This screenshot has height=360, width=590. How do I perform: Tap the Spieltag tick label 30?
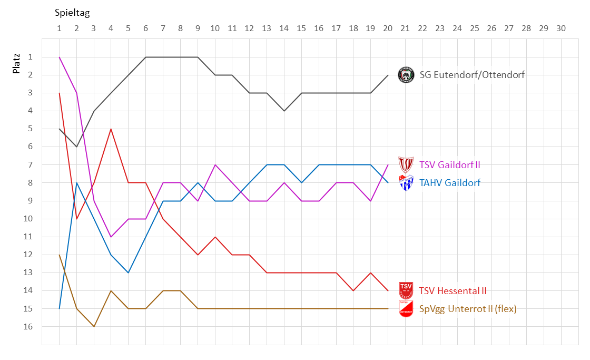[x=560, y=28]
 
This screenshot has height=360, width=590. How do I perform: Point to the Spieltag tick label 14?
[x=284, y=28]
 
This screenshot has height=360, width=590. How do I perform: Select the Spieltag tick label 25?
[x=474, y=28]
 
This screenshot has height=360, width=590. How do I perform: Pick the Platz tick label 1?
[x=31, y=57]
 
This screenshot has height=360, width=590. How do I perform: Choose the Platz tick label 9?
[x=31, y=201]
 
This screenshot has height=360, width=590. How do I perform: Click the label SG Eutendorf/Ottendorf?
[x=472, y=75]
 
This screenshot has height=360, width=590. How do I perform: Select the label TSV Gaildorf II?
[x=449, y=165]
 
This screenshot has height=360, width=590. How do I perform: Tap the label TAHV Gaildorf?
[x=450, y=183]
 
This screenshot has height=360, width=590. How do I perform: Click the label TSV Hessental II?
[x=453, y=290]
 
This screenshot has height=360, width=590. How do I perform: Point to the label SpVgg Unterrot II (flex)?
[x=468, y=309]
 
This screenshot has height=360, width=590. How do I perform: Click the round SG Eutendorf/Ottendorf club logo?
[x=406, y=75]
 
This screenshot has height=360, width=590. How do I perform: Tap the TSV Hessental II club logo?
[x=406, y=290]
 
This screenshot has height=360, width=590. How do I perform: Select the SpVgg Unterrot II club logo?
[x=406, y=309]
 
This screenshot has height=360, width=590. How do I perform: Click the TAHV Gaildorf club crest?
[x=406, y=182]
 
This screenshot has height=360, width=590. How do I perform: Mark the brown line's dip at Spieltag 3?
[x=94, y=327]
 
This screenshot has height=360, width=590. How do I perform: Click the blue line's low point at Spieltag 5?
[x=129, y=273]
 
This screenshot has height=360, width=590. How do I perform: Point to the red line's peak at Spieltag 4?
[x=111, y=129]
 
